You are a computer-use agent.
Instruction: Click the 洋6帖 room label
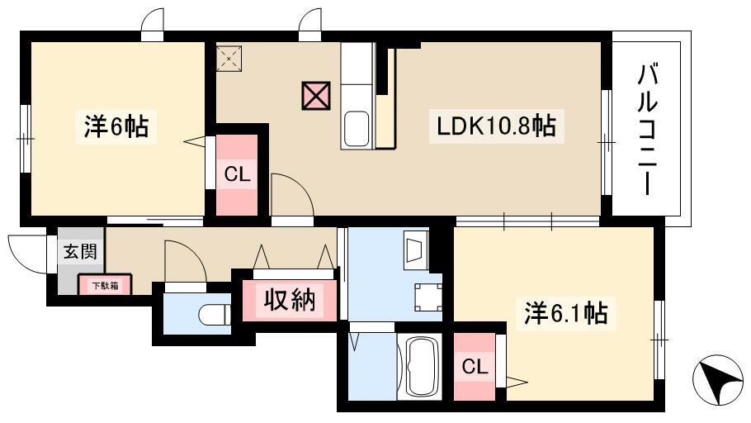tap(116, 126)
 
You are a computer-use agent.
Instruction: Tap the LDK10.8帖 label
tap(496, 126)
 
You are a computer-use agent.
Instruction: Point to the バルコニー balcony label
tap(646, 131)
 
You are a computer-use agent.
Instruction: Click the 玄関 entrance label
tap(81, 251)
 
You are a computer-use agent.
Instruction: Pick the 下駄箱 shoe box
tap(105, 285)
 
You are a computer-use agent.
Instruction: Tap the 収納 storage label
tap(290, 300)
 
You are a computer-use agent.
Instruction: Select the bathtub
tap(419, 367)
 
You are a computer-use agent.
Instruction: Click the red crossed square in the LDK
tap(316, 96)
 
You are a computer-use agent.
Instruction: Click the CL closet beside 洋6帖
tap(237, 175)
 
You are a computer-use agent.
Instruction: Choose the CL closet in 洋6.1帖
tap(475, 367)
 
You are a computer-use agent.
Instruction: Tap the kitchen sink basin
tap(357, 129)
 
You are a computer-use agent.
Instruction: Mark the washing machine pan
tap(428, 297)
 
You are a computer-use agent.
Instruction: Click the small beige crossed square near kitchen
tap(229, 59)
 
